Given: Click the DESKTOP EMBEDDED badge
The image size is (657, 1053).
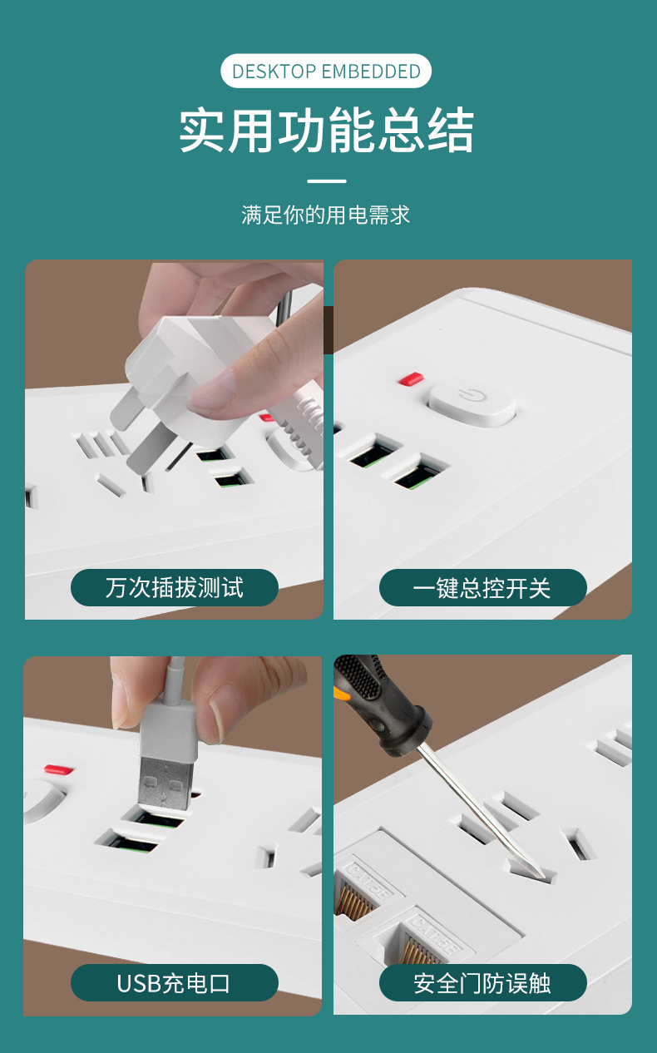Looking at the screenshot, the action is [x=326, y=71].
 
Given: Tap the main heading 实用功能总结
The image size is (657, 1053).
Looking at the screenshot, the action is [x=327, y=130].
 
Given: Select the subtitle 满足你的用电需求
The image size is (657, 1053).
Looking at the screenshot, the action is [x=326, y=215].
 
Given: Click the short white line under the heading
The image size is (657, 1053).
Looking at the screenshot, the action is [x=327, y=181].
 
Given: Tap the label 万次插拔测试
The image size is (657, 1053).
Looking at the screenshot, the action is [x=175, y=587].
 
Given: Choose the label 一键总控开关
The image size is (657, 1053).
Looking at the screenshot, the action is [x=482, y=587].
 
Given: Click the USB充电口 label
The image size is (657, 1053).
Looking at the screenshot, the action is [x=175, y=982].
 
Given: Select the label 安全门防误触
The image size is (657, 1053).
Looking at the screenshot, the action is [x=482, y=982].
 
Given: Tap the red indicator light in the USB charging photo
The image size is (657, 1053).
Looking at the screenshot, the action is [x=58, y=769].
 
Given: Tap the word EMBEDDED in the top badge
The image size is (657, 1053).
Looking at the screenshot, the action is [x=371, y=72].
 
